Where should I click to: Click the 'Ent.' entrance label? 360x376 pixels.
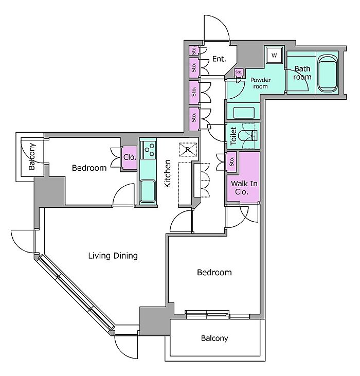pyautogui.click(x=219, y=59)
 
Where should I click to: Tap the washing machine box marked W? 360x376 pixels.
pyautogui.click(x=274, y=55)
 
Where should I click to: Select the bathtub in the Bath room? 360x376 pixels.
pyautogui.click(x=328, y=74)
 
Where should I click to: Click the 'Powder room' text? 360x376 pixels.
pyautogui.click(x=260, y=83)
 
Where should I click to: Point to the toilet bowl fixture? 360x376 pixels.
pyautogui.click(x=251, y=136)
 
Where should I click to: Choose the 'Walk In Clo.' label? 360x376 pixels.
pyautogui.click(x=242, y=187)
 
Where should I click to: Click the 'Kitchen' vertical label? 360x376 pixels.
pyautogui.click(x=167, y=174)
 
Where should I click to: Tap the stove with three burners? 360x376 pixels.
pyautogui.click(x=149, y=149)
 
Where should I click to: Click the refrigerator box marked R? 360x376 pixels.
pyautogui.click(x=188, y=149)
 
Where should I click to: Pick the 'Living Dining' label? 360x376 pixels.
pyautogui.click(x=113, y=256)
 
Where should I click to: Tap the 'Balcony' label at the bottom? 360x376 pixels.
pyautogui.click(x=214, y=338)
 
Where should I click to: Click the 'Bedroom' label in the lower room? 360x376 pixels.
pyautogui.click(x=214, y=272)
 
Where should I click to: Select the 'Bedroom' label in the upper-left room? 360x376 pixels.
pyautogui.click(x=89, y=168)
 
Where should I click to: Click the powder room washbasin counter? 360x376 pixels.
pyautogui.click(x=243, y=112)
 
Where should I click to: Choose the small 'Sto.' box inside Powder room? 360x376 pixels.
pyautogui.click(x=239, y=73)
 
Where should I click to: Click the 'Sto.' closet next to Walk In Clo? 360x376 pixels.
pyautogui.click(x=231, y=162)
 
